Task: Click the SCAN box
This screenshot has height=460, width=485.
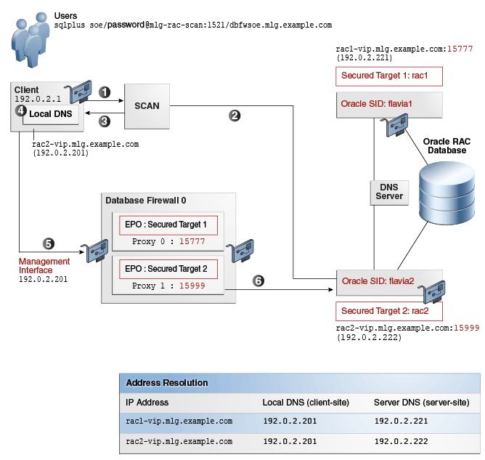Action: point(147,106)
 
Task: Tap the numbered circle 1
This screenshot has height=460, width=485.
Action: point(105,92)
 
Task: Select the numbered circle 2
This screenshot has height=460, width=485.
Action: point(235,115)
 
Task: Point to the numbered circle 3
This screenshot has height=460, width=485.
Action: point(105,121)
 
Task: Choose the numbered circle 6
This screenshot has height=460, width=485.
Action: point(258,280)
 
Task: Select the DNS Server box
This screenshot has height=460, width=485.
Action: point(389,191)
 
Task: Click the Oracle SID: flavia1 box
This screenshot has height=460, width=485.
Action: point(389,104)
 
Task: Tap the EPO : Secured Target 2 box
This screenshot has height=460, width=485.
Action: point(166,269)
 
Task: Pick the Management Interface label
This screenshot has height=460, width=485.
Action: point(44,266)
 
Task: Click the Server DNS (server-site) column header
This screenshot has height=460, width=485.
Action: point(421,402)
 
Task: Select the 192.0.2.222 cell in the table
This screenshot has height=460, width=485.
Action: point(401,441)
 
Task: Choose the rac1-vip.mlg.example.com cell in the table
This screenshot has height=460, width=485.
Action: point(179,421)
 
